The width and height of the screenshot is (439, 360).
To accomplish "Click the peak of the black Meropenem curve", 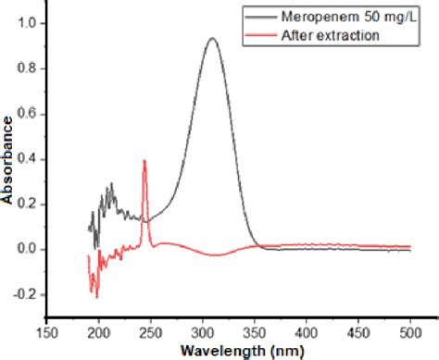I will tap(212, 39).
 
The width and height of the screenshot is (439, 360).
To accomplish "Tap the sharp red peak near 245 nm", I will tap(144, 161).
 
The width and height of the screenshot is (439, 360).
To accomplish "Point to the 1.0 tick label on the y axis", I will tap(30, 22).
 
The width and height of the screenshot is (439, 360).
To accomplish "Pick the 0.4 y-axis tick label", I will tap(30, 158).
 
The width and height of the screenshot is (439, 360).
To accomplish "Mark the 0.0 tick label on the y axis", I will tap(30, 249).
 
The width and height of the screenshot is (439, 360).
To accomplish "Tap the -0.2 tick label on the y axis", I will tap(28, 294).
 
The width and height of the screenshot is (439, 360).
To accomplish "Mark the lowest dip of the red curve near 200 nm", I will tap(96, 297).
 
